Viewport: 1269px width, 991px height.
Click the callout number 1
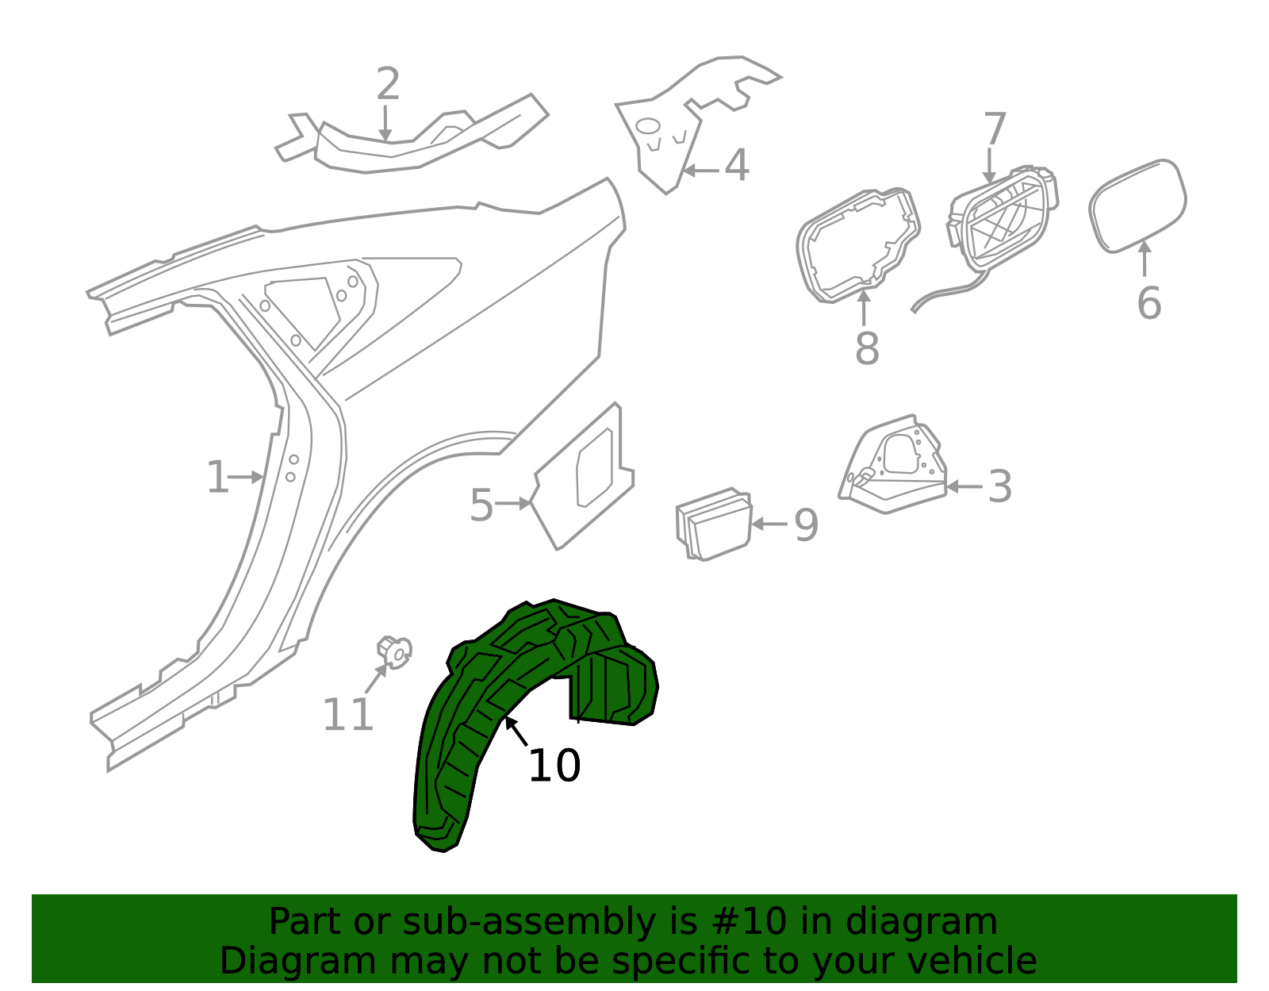[x=217, y=478]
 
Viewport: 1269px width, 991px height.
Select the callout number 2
[x=389, y=84]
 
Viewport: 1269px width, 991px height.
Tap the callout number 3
[x=999, y=486]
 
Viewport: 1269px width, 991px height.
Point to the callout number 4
[x=736, y=165]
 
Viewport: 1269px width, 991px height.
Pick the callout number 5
[x=481, y=505]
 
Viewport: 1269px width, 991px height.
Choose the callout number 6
[x=1149, y=303]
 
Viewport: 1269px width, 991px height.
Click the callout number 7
[x=995, y=129]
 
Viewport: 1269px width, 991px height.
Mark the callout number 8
[x=867, y=348]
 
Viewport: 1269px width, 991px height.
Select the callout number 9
[x=806, y=525]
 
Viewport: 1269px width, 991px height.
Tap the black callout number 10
[x=554, y=766]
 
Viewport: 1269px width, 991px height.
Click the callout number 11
[x=348, y=715]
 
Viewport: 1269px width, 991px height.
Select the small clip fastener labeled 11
[x=395, y=651]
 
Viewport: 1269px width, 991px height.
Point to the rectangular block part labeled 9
[x=714, y=524]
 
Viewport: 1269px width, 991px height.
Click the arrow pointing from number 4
[x=701, y=171]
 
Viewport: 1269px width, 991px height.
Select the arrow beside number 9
[x=769, y=524]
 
